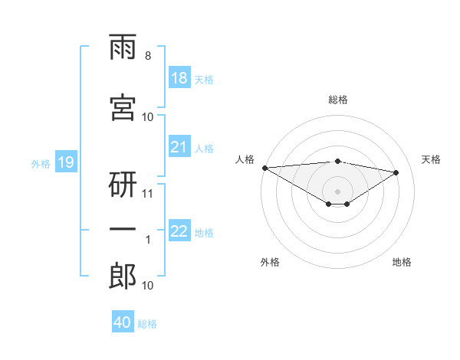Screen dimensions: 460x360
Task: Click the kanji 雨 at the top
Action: coord(123,47)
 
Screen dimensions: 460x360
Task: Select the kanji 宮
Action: coord(123,107)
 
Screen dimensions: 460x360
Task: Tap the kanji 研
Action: coord(123,185)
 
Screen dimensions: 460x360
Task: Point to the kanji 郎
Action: coord(123,276)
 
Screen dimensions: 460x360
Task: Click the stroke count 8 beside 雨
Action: coord(148,56)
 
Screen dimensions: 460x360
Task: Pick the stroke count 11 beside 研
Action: coord(147,194)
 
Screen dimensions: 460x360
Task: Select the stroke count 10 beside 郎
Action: coord(147,286)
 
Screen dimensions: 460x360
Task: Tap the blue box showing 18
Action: coord(179,77)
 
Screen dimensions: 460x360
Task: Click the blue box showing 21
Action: coord(179,146)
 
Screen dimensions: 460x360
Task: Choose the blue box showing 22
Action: coord(179,230)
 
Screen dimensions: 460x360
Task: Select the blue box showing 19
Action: coord(66,162)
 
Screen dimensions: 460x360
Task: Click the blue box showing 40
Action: coord(123,321)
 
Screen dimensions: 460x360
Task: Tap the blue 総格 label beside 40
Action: coord(147,324)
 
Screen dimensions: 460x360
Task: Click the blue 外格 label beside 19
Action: coord(41,164)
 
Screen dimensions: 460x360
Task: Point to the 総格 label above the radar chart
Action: coord(338,100)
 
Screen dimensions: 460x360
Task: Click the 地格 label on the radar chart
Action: coord(402,262)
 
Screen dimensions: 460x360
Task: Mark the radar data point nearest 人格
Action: coord(265,168)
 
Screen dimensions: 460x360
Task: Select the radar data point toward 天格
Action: coord(396,172)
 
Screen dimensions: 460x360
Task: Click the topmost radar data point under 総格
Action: coord(337,162)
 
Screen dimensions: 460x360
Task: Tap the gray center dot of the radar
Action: coord(337,191)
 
